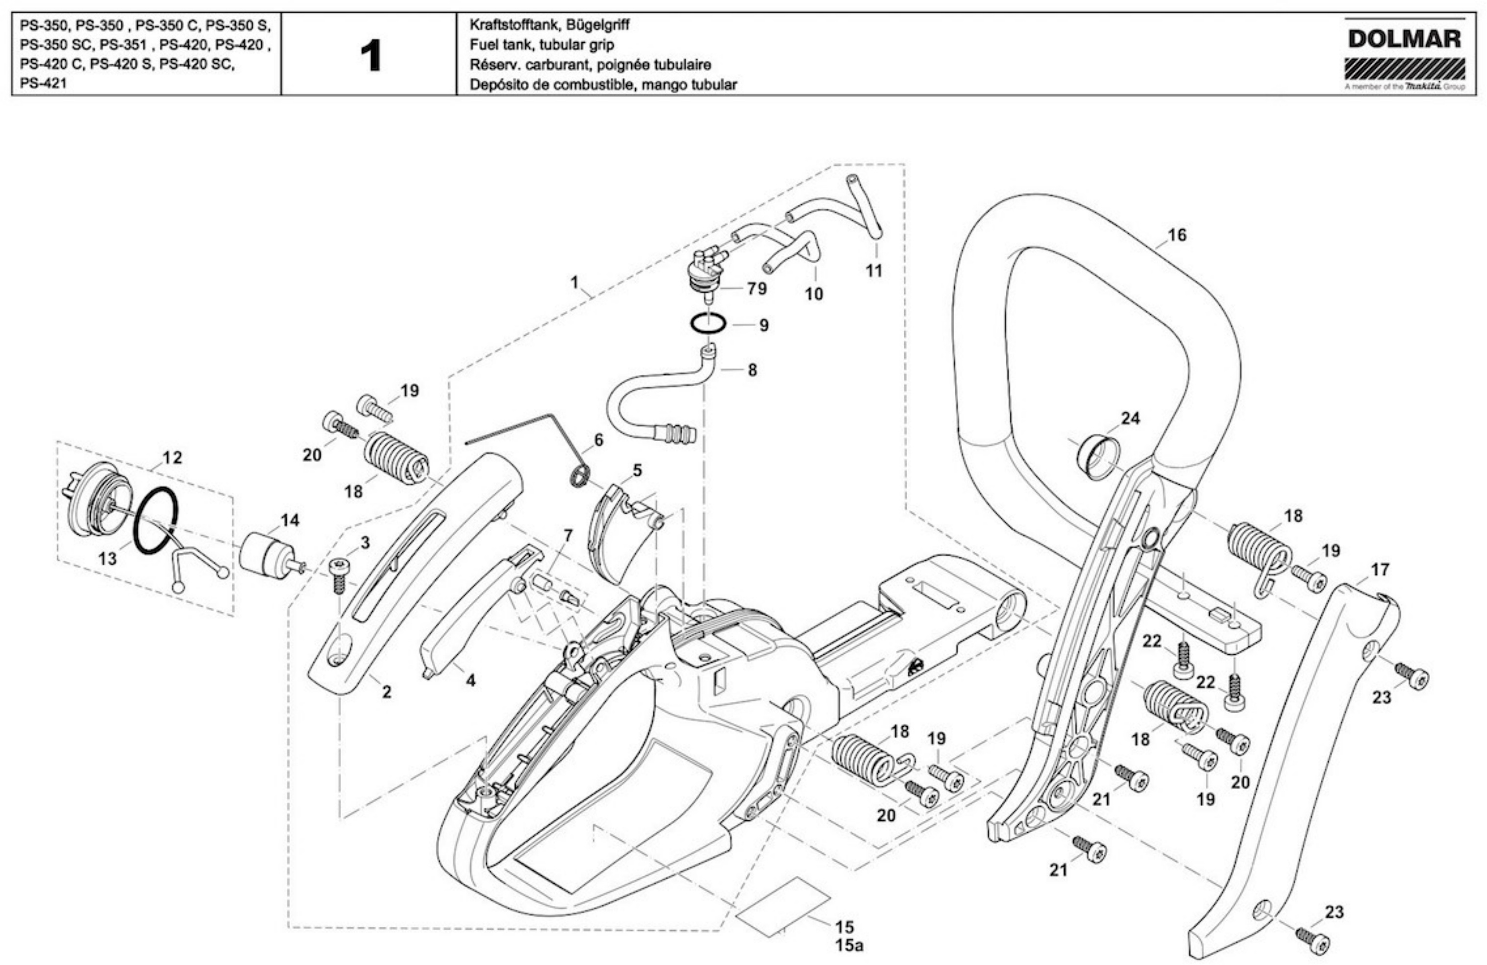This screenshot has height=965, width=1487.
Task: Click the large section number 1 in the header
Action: (371, 56)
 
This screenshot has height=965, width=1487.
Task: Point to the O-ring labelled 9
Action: (707, 325)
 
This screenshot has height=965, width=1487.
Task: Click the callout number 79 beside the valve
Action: (757, 289)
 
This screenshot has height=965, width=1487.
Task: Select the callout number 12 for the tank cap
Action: (172, 458)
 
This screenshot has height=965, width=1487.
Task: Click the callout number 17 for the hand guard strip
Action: (1380, 569)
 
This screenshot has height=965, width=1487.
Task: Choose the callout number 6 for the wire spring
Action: (598, 440)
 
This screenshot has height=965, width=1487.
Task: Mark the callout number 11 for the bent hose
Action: (873, 271)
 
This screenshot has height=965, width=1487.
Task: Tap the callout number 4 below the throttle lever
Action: (471, 681)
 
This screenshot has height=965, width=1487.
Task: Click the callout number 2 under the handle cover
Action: (387, 692)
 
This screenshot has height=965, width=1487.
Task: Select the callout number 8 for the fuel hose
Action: (752, 371)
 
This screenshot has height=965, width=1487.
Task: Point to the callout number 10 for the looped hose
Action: (814, 294)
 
